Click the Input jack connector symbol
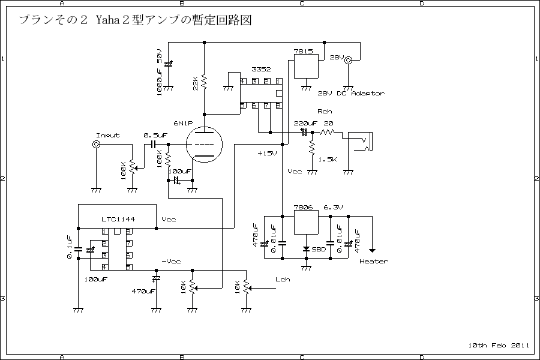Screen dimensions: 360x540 coord(95,145)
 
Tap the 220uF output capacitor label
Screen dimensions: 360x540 coord(305,123)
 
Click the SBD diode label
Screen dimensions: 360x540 coord(319,249)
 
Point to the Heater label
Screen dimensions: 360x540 coord(373,261)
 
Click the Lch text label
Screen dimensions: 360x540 coord(282,280)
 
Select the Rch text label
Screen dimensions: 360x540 coord(324,112)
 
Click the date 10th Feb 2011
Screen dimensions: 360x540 coord(498,345)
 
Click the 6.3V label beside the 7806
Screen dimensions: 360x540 coord(333,208)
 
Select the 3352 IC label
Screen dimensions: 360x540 coord(262,70)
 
